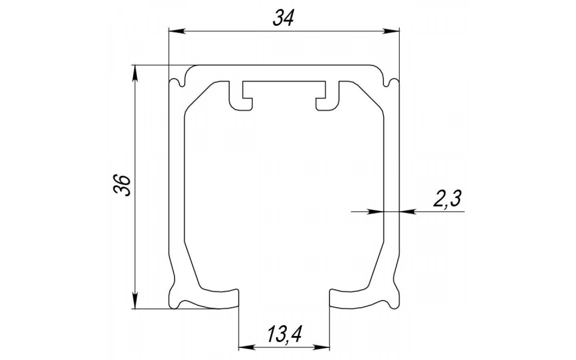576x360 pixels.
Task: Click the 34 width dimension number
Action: (283, 18)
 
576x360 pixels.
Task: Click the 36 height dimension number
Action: (122, 186)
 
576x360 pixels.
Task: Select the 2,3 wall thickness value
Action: (447, 198)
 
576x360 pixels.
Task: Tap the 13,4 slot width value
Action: (284, 334)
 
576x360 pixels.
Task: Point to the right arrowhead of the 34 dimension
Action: (391, 31)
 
